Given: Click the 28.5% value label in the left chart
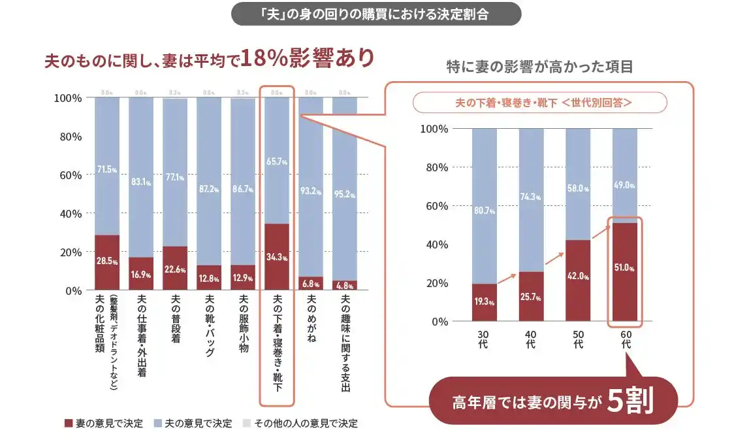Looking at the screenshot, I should coord(107,262).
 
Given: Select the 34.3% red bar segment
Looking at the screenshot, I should coord(277,257).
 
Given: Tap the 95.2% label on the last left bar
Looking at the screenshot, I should coord(345,194).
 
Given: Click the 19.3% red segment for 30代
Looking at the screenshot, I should coord(485,303).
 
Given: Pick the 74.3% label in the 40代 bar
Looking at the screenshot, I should coord(532,197).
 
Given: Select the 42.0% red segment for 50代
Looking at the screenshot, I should coord(578,280).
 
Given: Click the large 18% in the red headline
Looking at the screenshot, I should coord(264,59).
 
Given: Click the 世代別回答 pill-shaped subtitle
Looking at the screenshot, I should coord(539,103).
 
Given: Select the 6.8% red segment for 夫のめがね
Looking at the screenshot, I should coord(311,283).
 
